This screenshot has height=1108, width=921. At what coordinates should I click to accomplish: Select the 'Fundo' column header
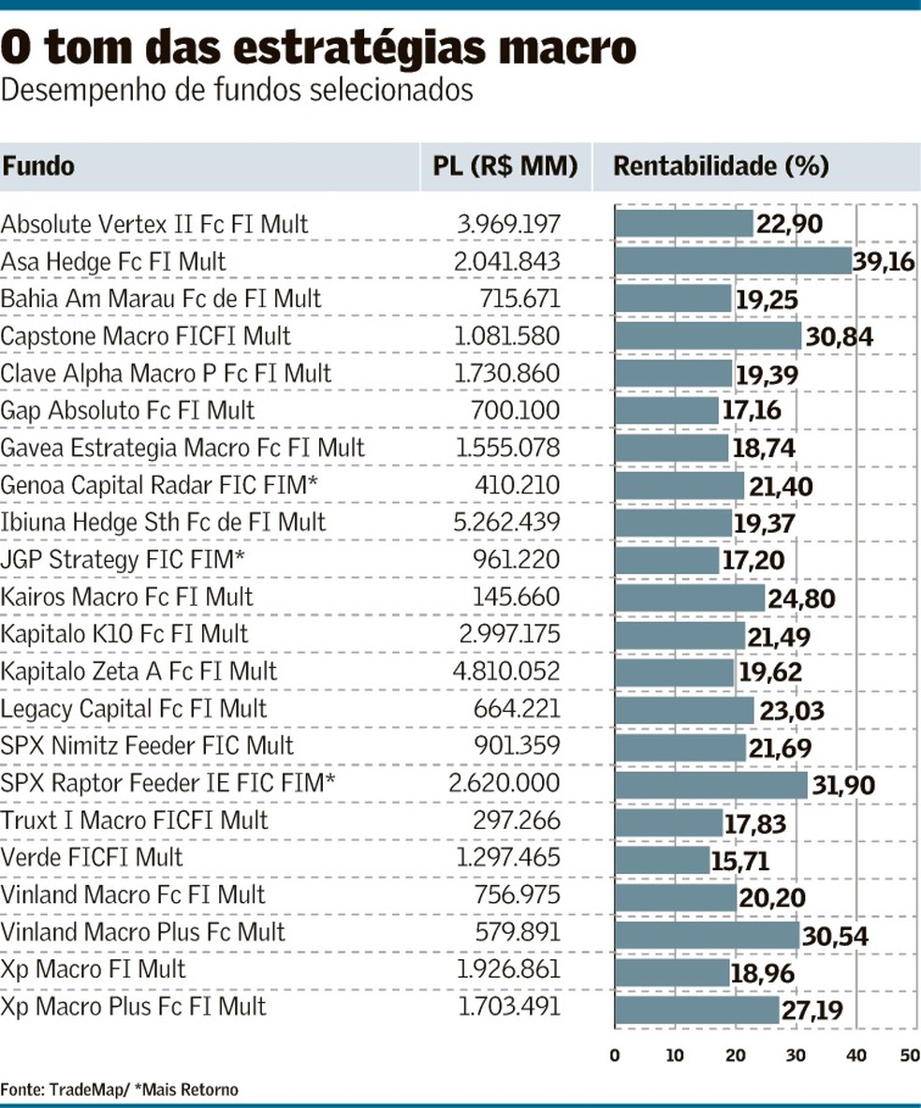pyautogui.click(x=38, y=167)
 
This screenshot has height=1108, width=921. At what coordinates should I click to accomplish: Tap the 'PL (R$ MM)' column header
pyautogui.click(x=505, y=167)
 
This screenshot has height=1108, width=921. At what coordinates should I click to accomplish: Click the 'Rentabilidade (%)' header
pyautogui.click(x=721, y=167)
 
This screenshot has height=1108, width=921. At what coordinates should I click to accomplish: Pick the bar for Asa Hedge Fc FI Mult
pyautogui.click(x=733, y=261)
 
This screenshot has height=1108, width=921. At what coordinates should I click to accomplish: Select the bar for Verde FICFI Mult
pyautogui.click(x=662, y=858)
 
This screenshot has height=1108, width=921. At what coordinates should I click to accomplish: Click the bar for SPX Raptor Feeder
pyautogui.click(x=710, y=783)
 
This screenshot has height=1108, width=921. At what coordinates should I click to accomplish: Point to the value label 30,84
pyautogui.click(x=838, y=336)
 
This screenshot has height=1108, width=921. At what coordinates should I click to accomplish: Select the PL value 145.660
pyautogui.click(x=519, y=597)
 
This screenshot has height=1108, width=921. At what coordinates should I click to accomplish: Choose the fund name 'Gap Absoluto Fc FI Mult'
pyautogui.click(x=128, y=410)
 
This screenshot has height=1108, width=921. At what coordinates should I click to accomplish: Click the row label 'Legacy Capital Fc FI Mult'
pyautogui.click(x=134, y=709)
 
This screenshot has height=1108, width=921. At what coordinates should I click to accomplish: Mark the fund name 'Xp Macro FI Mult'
pyautogui.click(x=94, y=969)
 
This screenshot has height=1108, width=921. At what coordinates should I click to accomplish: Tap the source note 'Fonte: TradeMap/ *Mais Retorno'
pyautogui.click(x=119, y=1089)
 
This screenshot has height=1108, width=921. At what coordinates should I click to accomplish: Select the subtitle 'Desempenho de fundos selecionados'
pyautogui.click(x=237, y=91)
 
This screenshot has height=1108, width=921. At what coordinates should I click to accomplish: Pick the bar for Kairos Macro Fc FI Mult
pyautogui.click(x=690, y=597)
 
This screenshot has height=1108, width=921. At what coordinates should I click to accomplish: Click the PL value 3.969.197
pyautogui.click(x=508, y=224)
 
